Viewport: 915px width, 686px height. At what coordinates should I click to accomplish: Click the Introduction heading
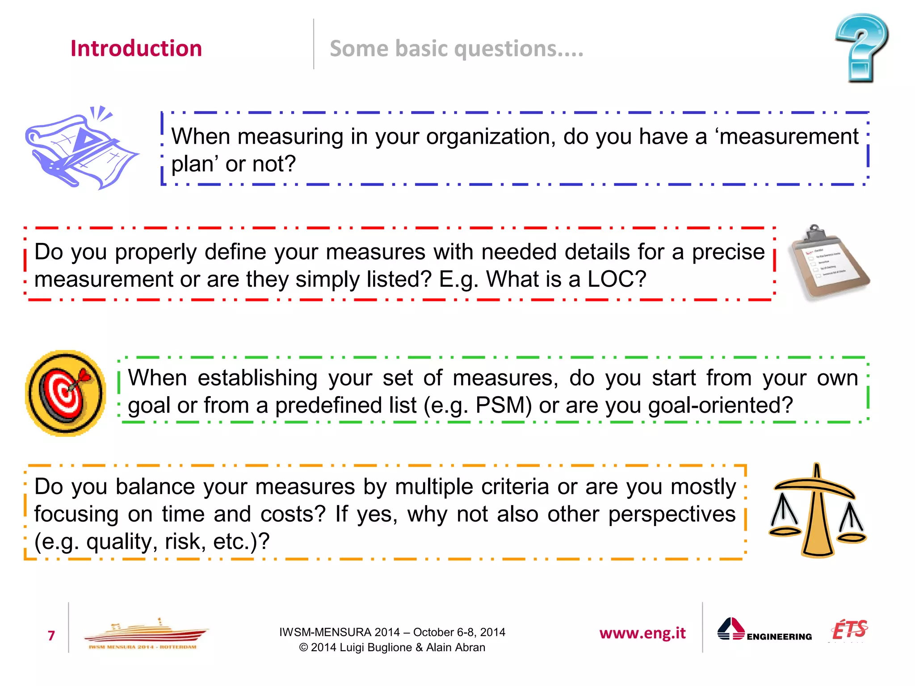point(136,48)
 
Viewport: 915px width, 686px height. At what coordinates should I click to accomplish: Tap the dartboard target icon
point(66,393)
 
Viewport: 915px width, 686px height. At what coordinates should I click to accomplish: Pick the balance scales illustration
point(817,511)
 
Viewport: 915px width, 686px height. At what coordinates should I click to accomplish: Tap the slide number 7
point(51,635)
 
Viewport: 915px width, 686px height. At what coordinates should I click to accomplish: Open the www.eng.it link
point(642,633)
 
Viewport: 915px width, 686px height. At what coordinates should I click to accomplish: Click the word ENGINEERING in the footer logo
point(779,636)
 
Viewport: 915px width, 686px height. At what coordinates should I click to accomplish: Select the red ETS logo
point(849,630)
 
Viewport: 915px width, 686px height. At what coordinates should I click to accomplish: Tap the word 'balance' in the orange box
point(156,487)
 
